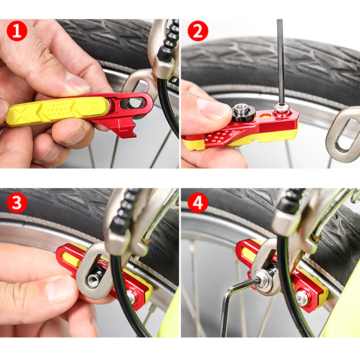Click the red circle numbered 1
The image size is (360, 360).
17,31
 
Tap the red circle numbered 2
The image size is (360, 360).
198,31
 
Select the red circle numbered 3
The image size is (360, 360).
17,202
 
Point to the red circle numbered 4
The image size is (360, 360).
198,202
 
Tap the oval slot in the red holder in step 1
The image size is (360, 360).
134,103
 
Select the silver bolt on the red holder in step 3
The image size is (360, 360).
131,297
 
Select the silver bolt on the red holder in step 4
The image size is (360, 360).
301,298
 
